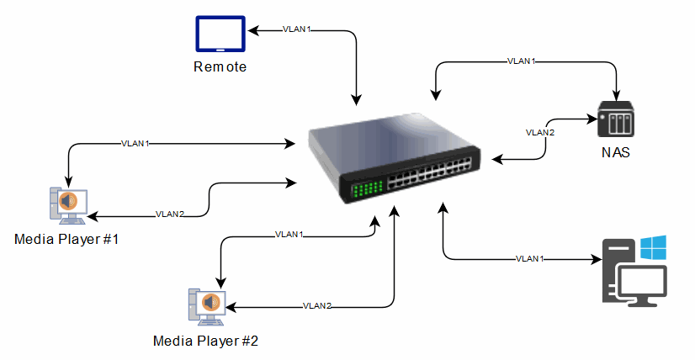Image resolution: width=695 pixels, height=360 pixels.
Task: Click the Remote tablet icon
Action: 220,34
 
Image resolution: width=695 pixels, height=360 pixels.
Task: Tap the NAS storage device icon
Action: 616,119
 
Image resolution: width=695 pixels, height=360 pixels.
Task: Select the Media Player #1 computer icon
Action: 68,206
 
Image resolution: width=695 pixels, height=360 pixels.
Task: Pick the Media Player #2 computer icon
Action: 207,307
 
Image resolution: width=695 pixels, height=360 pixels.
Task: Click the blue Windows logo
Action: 653,248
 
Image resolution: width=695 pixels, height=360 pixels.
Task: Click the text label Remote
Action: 220,67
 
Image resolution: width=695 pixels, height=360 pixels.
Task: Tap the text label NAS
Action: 616,152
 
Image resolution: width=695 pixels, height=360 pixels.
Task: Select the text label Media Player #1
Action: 66,240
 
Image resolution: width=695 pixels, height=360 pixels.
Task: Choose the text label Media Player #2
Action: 205,341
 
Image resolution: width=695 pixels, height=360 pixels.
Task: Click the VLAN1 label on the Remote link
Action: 296,29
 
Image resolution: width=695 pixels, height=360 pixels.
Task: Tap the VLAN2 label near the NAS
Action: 540,133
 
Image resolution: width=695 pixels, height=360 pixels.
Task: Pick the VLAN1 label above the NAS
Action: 522,61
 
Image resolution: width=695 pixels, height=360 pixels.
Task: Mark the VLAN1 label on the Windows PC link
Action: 530,258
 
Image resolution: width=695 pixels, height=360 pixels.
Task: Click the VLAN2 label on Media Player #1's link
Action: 170,214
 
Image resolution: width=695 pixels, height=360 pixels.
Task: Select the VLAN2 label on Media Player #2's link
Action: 317,306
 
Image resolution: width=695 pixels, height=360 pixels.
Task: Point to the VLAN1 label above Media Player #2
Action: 289,234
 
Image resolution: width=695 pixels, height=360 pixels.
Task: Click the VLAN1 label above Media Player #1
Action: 135,144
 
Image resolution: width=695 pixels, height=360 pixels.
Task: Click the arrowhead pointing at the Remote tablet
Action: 252,30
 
